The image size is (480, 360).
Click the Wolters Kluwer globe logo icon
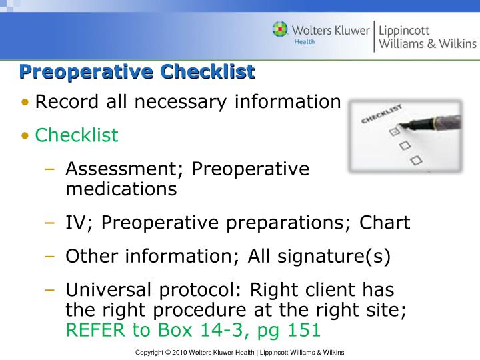click(280, 30)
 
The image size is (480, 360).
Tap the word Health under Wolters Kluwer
click(304, 41)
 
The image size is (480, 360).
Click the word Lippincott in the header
click(404, 31)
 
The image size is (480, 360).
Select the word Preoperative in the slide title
click(86, 72)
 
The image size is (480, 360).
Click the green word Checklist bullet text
click(77, 135)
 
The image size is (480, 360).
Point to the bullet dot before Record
click(25, 101)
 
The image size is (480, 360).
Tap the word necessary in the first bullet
click(181, 103)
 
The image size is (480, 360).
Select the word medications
click(121, 189)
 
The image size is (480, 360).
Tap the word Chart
click(385, 222)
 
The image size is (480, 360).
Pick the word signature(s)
click(334, 257)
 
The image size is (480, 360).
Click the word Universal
click(109, 289)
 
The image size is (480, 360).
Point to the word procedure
click(199, 311)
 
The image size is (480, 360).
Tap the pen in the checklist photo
click(431, 123)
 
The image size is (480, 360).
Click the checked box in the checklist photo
click(394, 131)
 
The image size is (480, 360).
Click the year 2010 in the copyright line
click(179, 353)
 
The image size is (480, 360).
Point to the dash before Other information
click(49, 256)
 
